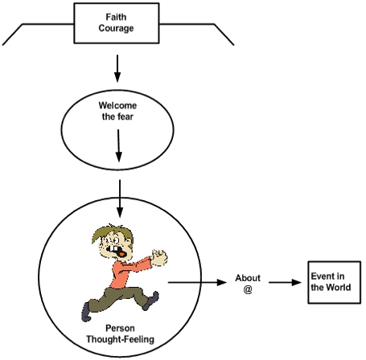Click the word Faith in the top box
116,17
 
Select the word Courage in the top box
116,28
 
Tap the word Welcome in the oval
117,105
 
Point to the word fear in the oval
125,117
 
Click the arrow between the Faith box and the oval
117,68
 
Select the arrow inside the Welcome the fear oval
118,145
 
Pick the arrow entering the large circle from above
120,198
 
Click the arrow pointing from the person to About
197,282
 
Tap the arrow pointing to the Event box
285,282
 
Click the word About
248,278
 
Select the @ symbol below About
248,289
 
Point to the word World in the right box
340,288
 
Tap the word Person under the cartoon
120,328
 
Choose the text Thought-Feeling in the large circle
120,339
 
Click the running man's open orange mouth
121,254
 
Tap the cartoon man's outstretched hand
159,258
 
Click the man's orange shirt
129,272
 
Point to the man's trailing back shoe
86,312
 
